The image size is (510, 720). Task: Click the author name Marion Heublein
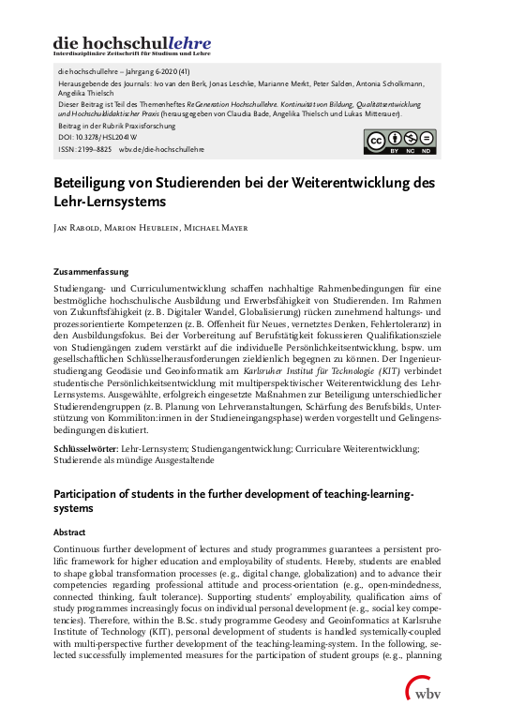click(x=146, y=228)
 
